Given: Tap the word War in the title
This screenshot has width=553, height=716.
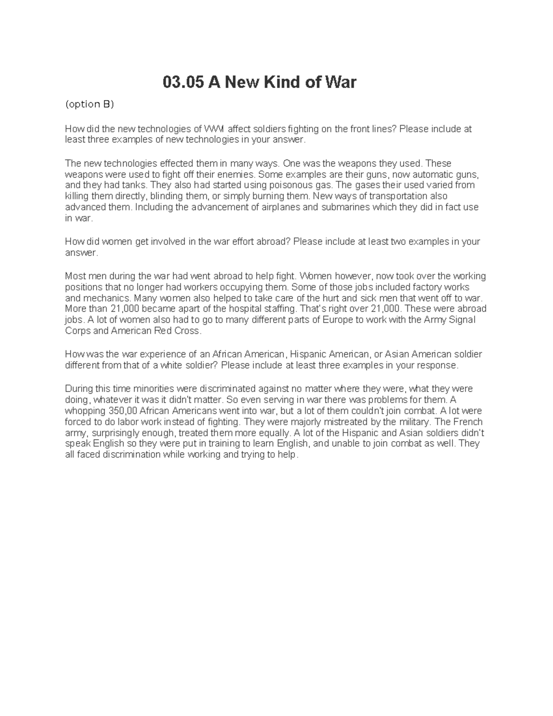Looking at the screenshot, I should coord(341,83).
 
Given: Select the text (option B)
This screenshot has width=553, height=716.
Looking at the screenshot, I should coord(89,104).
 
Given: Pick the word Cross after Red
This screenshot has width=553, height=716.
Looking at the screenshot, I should coord(187,331).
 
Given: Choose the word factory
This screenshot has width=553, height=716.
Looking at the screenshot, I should coord(426,287).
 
